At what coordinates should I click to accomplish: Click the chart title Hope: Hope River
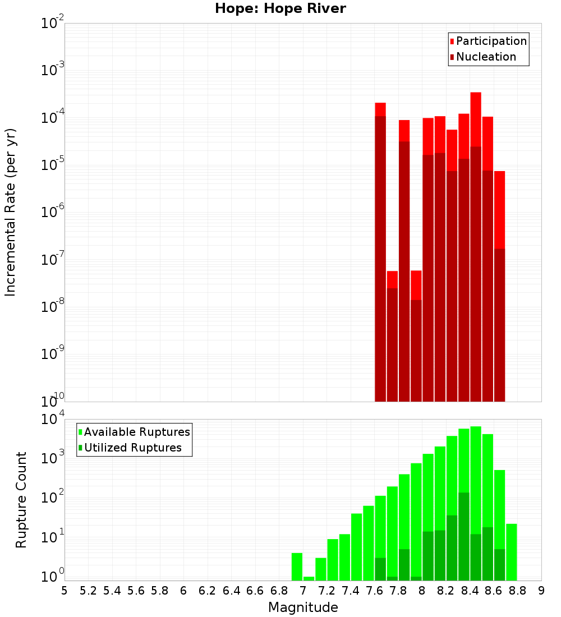click(x=280, y=9)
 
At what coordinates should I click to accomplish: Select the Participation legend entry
click(x=491, y=41)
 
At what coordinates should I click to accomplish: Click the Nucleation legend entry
click(x=485, y=57)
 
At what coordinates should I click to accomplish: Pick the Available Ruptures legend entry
click(x=136, y=432)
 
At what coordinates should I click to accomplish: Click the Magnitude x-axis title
click(x=303, y=607)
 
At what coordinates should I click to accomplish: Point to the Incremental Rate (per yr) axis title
click(x=11, y=212)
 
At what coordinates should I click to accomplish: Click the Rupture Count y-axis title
click(x=21, y=499)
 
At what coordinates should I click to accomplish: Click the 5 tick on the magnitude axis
click(x=65, y=591)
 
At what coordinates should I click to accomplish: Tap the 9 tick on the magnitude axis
click(x=541, y=591)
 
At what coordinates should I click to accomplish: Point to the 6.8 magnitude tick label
click(x=279, y=591)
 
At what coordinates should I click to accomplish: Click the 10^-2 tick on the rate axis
click(x=53, y=24)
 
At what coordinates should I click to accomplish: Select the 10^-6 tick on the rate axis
click(x=53, y=213)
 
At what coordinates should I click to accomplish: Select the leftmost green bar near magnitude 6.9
click(x=297, y=567)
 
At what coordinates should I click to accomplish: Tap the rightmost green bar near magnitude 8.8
click(x=511, y=552)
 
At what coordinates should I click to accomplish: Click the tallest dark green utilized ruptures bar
click(x=464, y=536)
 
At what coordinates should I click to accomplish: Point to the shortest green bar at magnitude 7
click(x=309, y=578)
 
